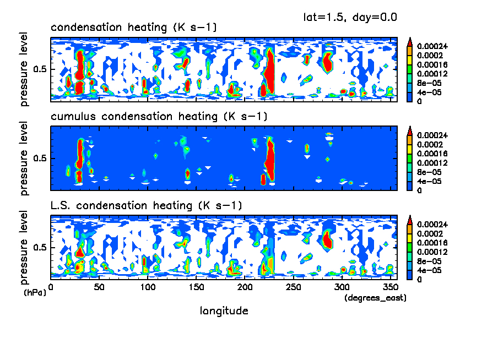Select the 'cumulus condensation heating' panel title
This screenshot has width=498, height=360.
coord(159,117)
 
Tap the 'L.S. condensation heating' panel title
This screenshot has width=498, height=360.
coord(145,206)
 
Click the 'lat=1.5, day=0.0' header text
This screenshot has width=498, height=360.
coord(350,17)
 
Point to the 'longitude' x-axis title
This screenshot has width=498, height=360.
coord(224,311)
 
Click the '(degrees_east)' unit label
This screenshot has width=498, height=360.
coord(375,298)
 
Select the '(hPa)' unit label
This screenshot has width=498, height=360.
coord(35,292)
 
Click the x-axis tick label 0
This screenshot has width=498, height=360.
coord(51,287)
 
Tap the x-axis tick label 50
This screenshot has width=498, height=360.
coord(99,287)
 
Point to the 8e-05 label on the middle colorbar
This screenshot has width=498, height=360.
coord(428,172)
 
